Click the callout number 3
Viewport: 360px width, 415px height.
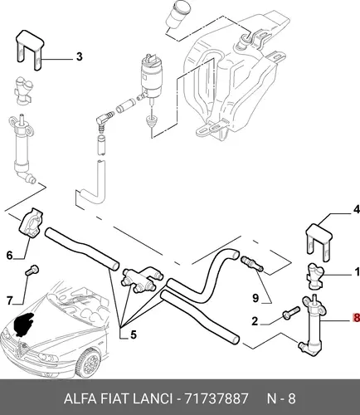[x=80, y=56]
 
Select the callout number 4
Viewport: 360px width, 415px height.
[x=357, y=209]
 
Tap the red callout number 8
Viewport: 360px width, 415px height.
[x=357, y=318]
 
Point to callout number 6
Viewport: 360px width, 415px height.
[x=10, y=255]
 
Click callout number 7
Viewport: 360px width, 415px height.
[x=10, y=300]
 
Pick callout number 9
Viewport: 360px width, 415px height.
[x=255, y=298]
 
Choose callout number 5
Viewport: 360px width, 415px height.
[x=134, y=335]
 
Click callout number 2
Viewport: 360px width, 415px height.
[x=255, y=321]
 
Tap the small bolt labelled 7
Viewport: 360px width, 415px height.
[x=32, y=270]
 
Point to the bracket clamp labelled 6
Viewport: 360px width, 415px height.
[x=31, y=223]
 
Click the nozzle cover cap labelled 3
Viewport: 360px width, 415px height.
[x=29, y=50]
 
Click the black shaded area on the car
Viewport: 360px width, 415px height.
[x=24, y=324]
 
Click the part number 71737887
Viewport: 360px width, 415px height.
[x=216, y=398]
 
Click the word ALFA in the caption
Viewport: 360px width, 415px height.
[x=80, y=398]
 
